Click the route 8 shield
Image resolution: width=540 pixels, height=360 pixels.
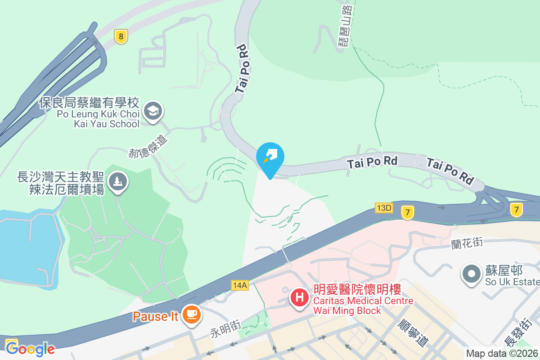tap(121, 36)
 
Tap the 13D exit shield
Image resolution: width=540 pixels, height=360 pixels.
tap(384, 207)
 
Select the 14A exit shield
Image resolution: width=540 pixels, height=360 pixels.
tap(240, 285)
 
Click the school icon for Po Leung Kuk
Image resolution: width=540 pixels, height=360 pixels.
tap(153, 110)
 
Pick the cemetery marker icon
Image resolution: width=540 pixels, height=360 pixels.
tap(118, 182)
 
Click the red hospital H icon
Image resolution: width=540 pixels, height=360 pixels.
tap(299, 297)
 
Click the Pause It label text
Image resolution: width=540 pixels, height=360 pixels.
tap(156, 316)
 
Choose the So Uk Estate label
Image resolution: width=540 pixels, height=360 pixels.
tap(512, 276)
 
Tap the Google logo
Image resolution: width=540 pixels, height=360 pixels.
tap(30, 349)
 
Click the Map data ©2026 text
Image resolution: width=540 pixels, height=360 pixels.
tap(501, 354)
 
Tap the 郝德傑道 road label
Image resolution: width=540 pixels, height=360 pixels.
tap(148, 145)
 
